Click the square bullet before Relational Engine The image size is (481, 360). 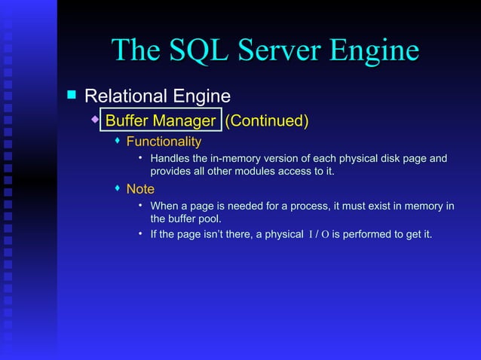point(72,96)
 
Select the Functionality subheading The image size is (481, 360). point(164,142)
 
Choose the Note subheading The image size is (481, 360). point(140,189)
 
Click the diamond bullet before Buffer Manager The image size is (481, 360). point(94,120)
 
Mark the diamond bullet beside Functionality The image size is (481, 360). point(117,142)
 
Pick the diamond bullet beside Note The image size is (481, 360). point(117,188)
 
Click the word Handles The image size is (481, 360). point(170,159)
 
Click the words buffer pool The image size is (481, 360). point(185,219)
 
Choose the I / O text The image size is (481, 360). point(318,235)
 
